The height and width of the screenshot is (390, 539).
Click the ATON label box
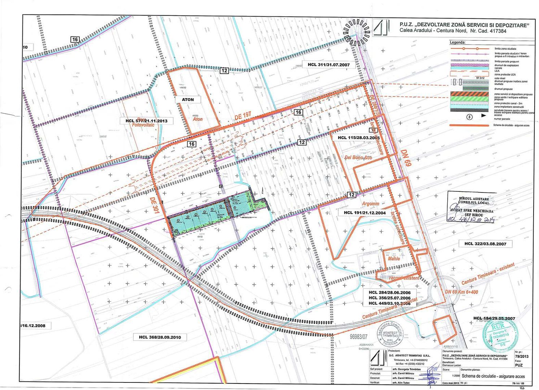pos(188,99)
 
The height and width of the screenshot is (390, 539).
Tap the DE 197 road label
pos(243,116)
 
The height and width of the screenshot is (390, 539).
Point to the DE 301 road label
pos(154,206)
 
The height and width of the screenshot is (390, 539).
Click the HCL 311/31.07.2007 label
pos(329,65)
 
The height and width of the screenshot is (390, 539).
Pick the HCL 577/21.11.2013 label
pos(146,121)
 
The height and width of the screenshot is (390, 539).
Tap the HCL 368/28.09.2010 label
pos(160,337)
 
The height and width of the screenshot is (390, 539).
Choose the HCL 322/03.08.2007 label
pos(485,244)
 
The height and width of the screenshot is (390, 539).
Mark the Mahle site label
pos(394,259)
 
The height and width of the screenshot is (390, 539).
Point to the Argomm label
pos(370,204)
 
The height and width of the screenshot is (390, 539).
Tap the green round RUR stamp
pos(501,335)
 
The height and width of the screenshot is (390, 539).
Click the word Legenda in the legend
pos(457,43)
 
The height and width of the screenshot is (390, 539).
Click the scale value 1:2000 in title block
pos(446,376)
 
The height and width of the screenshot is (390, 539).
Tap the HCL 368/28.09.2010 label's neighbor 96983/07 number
pos(358,337)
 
